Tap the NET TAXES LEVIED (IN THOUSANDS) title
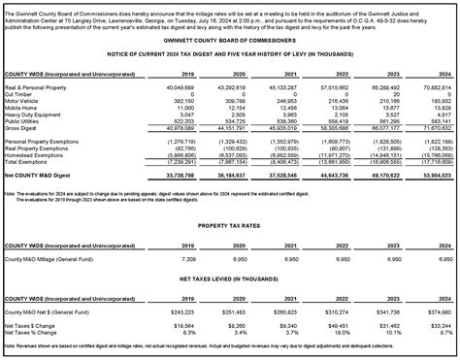pyautogui.click(x=230, y=249)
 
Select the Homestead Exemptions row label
pyautogui.click(x=33, y=154)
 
